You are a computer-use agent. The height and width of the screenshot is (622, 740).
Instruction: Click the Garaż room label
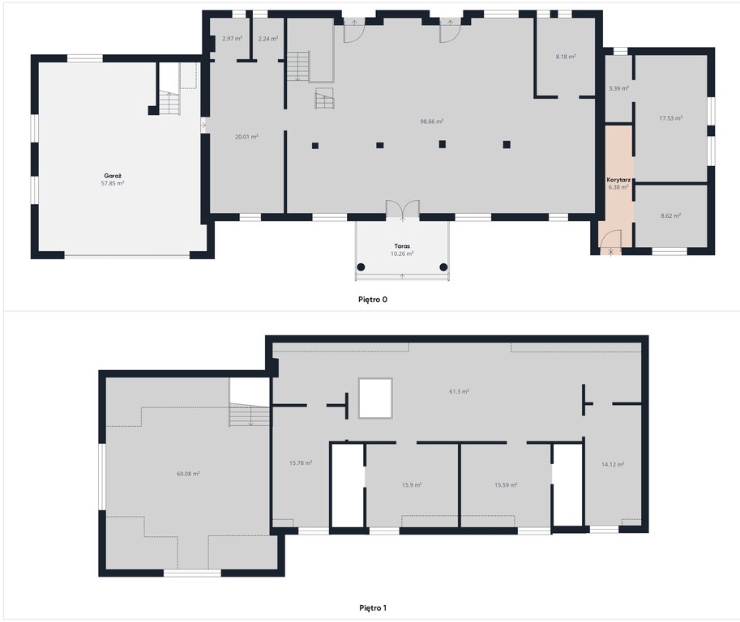(x=113, y=176)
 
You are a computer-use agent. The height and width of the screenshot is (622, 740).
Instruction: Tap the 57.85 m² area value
(x=113, y=183)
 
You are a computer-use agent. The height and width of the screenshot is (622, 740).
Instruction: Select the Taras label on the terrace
(x=402, y=246)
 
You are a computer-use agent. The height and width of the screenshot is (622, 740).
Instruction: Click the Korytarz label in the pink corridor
(x=618, y=180)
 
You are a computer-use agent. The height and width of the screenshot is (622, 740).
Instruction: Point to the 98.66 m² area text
(x=432, y=121)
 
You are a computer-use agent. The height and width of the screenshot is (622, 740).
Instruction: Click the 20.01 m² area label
(x=246, y=137)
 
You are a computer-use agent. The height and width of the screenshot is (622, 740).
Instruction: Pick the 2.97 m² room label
(x=232, y=39)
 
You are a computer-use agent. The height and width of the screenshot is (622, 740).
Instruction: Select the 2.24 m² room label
(x=268, y=39)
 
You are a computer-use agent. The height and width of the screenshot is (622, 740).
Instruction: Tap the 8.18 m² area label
(x=566, y=57)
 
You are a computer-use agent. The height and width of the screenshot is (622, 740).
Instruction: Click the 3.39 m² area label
(x=618, y=88)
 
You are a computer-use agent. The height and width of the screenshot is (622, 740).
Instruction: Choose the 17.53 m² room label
(x=670, y=118)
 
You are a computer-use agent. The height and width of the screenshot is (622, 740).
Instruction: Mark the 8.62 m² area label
(x=670, y=216)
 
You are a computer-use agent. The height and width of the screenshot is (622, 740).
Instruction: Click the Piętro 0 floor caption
(x=373, y=300)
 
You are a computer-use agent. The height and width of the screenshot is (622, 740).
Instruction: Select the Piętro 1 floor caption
(x=373, y=608)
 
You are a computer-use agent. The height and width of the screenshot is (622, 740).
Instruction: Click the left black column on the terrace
(x=361, y=267)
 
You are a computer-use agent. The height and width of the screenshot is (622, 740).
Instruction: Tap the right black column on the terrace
(x=443, y=267)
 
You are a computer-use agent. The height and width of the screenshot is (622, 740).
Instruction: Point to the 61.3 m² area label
(x=459, y=391)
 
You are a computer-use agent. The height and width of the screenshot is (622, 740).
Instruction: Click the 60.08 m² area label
(x=188, y=474)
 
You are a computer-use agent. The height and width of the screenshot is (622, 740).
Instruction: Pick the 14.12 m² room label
(x=613, y=465)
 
